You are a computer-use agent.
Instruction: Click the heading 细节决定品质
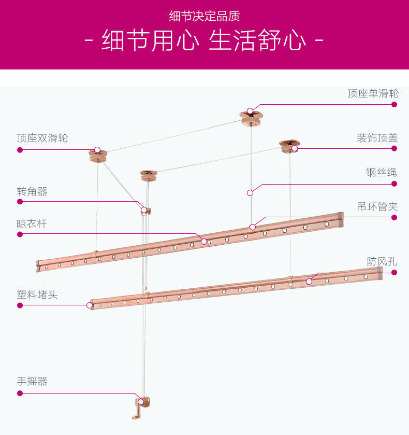click(204, 16)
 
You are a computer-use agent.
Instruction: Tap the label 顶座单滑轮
click(373, 93)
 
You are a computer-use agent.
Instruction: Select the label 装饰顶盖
click(377, 138)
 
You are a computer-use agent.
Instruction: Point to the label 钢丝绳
click(381, 173)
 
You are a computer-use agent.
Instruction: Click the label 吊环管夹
click(377, 206)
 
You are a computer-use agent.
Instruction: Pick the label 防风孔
click(382, 261)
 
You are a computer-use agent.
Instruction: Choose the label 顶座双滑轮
click(42, 138)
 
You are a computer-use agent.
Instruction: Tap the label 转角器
click(32, 191)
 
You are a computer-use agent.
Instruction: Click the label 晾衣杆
click(32, 223)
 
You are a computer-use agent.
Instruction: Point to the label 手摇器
click(32, 381)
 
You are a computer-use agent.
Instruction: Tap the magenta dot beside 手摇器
click(20, 393)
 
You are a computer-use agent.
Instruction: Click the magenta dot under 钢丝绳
click(394, 184)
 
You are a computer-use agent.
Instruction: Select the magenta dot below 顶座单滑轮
click(394, 104)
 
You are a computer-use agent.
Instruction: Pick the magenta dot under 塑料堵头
click(20, 305)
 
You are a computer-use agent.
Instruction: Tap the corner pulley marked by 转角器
click(145, 210)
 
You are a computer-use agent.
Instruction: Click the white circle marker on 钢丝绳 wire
click(250, 192)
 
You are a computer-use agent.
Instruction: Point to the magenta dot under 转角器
click(20, 202)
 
